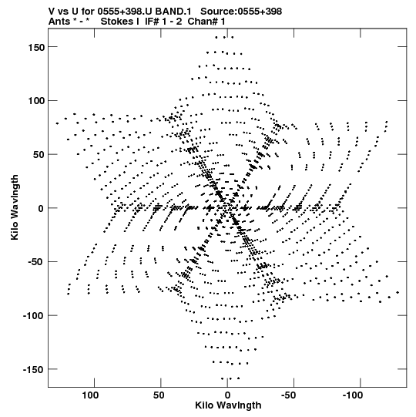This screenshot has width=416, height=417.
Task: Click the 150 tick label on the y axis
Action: click(x=36, y=48)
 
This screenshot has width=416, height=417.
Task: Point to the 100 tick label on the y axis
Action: click(x=36, y=101)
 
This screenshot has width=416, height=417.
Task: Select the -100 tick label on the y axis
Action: click(x=34, y=316)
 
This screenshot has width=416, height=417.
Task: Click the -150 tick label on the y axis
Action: click(x=34, y=370)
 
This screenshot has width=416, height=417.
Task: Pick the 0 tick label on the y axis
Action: click(x=41, y=208)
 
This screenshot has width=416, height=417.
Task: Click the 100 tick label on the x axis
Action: click(x=90, y=395)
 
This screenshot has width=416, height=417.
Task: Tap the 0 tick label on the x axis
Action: click(x=227, y=395)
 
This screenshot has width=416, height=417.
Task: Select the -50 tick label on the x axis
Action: click(x=289, y=395)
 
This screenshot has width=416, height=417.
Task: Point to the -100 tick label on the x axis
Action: click(x=353, y=395)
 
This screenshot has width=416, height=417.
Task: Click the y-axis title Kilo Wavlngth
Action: click(x=15, y=207)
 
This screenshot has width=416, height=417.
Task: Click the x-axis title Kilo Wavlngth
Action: click(x=228, y=405)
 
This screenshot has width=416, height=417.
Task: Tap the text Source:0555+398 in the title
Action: click(x=241, y=12)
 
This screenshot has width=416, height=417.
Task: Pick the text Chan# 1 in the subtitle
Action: click(x=206, y=22)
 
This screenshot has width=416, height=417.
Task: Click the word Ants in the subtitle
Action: click(x=59, y=22)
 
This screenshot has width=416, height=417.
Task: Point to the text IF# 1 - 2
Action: click(x=163, y=22)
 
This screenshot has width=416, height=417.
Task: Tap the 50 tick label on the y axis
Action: click(x=39, y=155)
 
